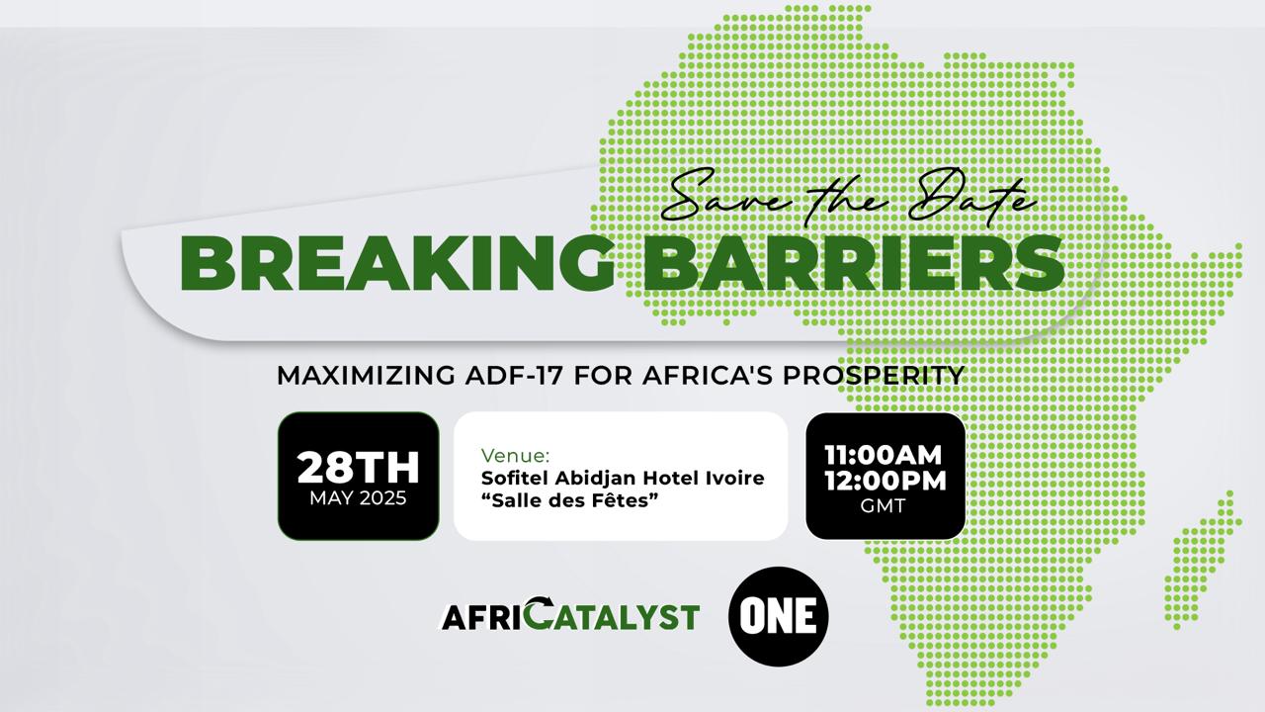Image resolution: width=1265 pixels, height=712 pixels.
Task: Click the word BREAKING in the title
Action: click(x=397, y=264)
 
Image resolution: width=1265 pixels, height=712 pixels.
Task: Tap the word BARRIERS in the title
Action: click(x=854, y=264)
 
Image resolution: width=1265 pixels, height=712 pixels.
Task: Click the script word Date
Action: click(x=972, y=199)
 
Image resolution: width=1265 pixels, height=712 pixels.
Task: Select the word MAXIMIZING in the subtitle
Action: click(x=366, y=376)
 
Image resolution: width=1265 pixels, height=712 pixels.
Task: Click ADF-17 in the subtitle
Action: click(x=514, y=376)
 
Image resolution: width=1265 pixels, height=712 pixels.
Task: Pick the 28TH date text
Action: click(x=358, y=468)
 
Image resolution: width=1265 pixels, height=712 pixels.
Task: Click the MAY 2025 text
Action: click(x=358, y=498)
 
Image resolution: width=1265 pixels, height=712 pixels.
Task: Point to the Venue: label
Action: click(x=515, y=456)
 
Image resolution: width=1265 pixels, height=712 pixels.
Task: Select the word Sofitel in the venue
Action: click(x=515, y=478)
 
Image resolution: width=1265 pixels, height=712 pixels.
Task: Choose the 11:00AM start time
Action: click(x=884, y=456)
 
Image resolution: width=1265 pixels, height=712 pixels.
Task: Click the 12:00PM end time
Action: click(x=885, y=481)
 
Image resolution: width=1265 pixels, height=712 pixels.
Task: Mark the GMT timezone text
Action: click(x=884, y=505)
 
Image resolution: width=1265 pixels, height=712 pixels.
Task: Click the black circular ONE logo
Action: click(x=778, y=616)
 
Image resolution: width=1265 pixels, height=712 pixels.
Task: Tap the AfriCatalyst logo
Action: click(x=570, y=615)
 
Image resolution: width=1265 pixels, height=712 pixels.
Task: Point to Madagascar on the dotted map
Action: click(x=1203, y=561)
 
